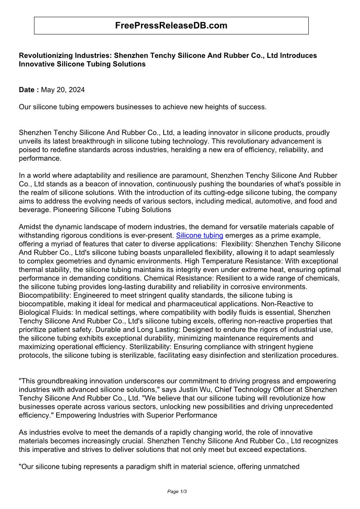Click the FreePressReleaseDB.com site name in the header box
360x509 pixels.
(171, 26)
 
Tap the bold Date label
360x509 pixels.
(29, 90)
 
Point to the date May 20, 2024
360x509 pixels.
(63, 90)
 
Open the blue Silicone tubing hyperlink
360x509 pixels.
(199, 235)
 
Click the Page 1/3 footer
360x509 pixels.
(177, 491)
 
